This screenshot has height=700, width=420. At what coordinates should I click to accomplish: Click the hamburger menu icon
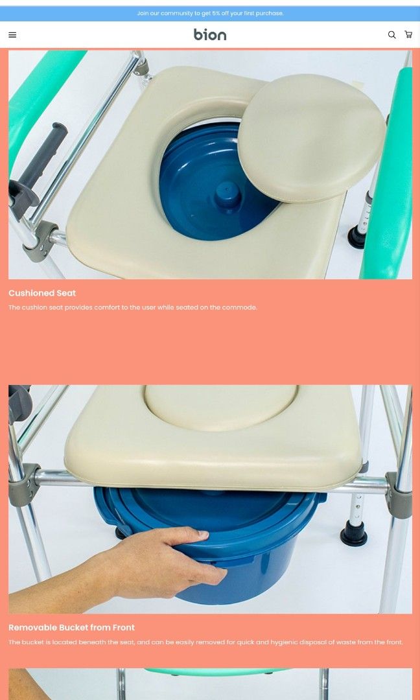[12, 35]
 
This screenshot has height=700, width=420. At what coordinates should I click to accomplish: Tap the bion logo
[210, 35]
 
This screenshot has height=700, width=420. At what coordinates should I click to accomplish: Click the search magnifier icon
[391, 35]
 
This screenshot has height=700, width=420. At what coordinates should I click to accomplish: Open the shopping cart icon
[408, 35]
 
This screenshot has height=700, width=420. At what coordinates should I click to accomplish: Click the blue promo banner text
[210, 13]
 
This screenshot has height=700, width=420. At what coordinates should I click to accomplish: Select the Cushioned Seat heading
[42, 293]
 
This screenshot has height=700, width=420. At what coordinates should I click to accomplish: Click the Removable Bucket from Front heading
[71, 627]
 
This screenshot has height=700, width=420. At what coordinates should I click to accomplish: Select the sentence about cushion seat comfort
[133, 307]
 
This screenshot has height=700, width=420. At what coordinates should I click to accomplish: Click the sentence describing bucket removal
[205, 642]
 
